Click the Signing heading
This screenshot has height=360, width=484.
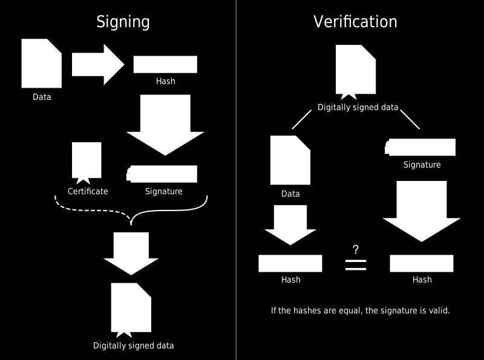tap(123, 22)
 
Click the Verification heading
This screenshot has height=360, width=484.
tap(355, 22)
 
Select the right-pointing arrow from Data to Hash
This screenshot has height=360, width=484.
tap(98, 65)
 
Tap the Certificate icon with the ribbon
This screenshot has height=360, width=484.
tap(87, 163)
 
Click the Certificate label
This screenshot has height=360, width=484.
tap(88, 191)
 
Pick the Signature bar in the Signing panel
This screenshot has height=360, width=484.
tap(162, 174)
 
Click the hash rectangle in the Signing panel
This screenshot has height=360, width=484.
tap(165, 65)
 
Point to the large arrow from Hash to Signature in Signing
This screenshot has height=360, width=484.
tap(165, 125)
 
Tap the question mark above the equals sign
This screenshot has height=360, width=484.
tap(356, 249)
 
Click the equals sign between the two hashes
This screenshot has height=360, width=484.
tap(356, 265)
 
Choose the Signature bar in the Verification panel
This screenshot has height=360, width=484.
tap(420, 147)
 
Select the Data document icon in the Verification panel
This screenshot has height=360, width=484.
tap(290, 160)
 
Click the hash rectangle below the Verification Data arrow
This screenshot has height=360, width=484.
tap(290, 263)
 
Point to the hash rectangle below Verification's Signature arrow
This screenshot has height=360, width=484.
tap(422, 263)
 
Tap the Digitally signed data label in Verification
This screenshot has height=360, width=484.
tap(358, 108)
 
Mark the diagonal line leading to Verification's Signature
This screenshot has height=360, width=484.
tap(410, 119)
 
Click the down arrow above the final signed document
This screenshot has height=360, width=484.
tap(131, 254)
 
